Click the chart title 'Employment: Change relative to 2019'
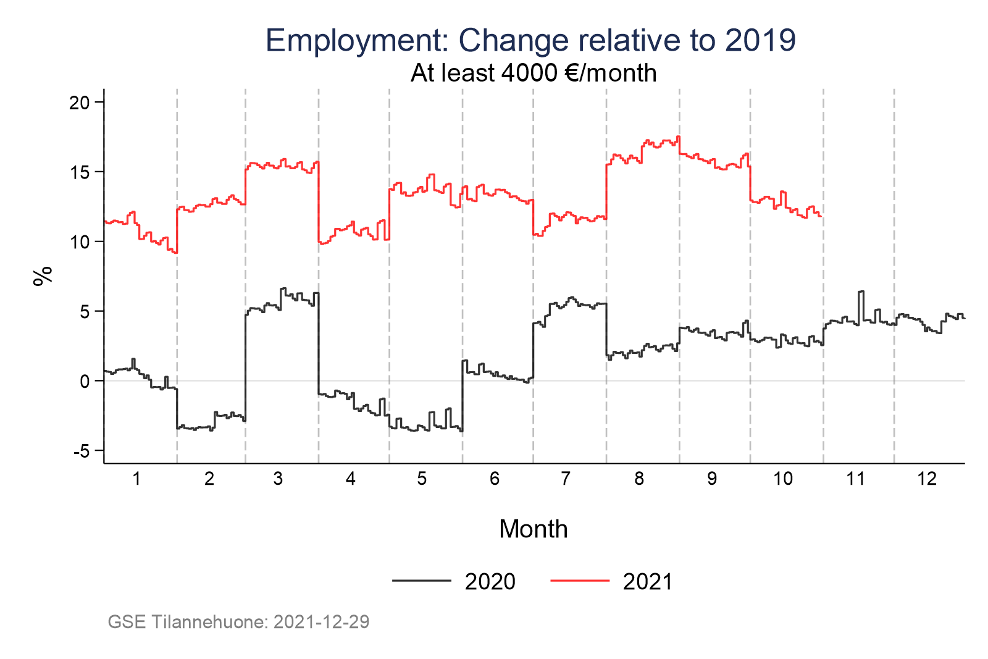point(530,41)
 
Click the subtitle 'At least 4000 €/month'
point(534,73)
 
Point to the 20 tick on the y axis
point(79,103)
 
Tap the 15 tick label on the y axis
point(79,172)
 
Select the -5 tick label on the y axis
point(81,451)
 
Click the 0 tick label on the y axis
point(85,382)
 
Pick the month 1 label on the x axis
point(136,479)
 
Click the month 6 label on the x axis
point(494,479)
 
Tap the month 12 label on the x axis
point(927,479)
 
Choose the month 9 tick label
point(712,479)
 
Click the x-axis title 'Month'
point(534,529)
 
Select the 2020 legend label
point(490,582)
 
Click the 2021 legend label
point(648,582)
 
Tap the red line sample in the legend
point(579,581)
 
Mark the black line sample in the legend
point(421,581)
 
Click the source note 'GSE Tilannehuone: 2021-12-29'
point(238,622)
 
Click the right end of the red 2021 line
point(821,216)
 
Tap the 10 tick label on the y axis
point(79,242)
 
